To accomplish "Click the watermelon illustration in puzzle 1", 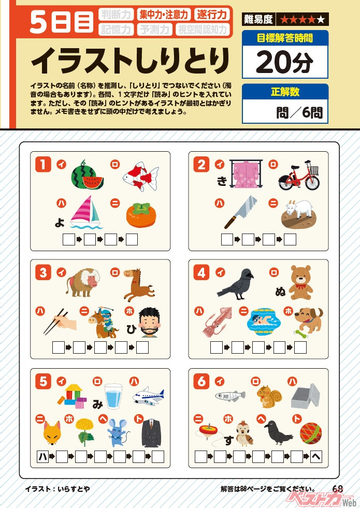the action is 87,176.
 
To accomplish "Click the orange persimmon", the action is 141,215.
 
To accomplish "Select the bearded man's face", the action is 149,323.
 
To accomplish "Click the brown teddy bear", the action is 300,283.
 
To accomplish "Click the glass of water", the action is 113,396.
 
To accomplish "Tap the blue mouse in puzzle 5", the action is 118,432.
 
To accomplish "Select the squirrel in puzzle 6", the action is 269,396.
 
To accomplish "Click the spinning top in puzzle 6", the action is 209,432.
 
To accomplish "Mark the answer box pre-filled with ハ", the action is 43,457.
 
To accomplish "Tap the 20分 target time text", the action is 284,62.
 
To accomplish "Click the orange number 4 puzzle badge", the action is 201,273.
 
